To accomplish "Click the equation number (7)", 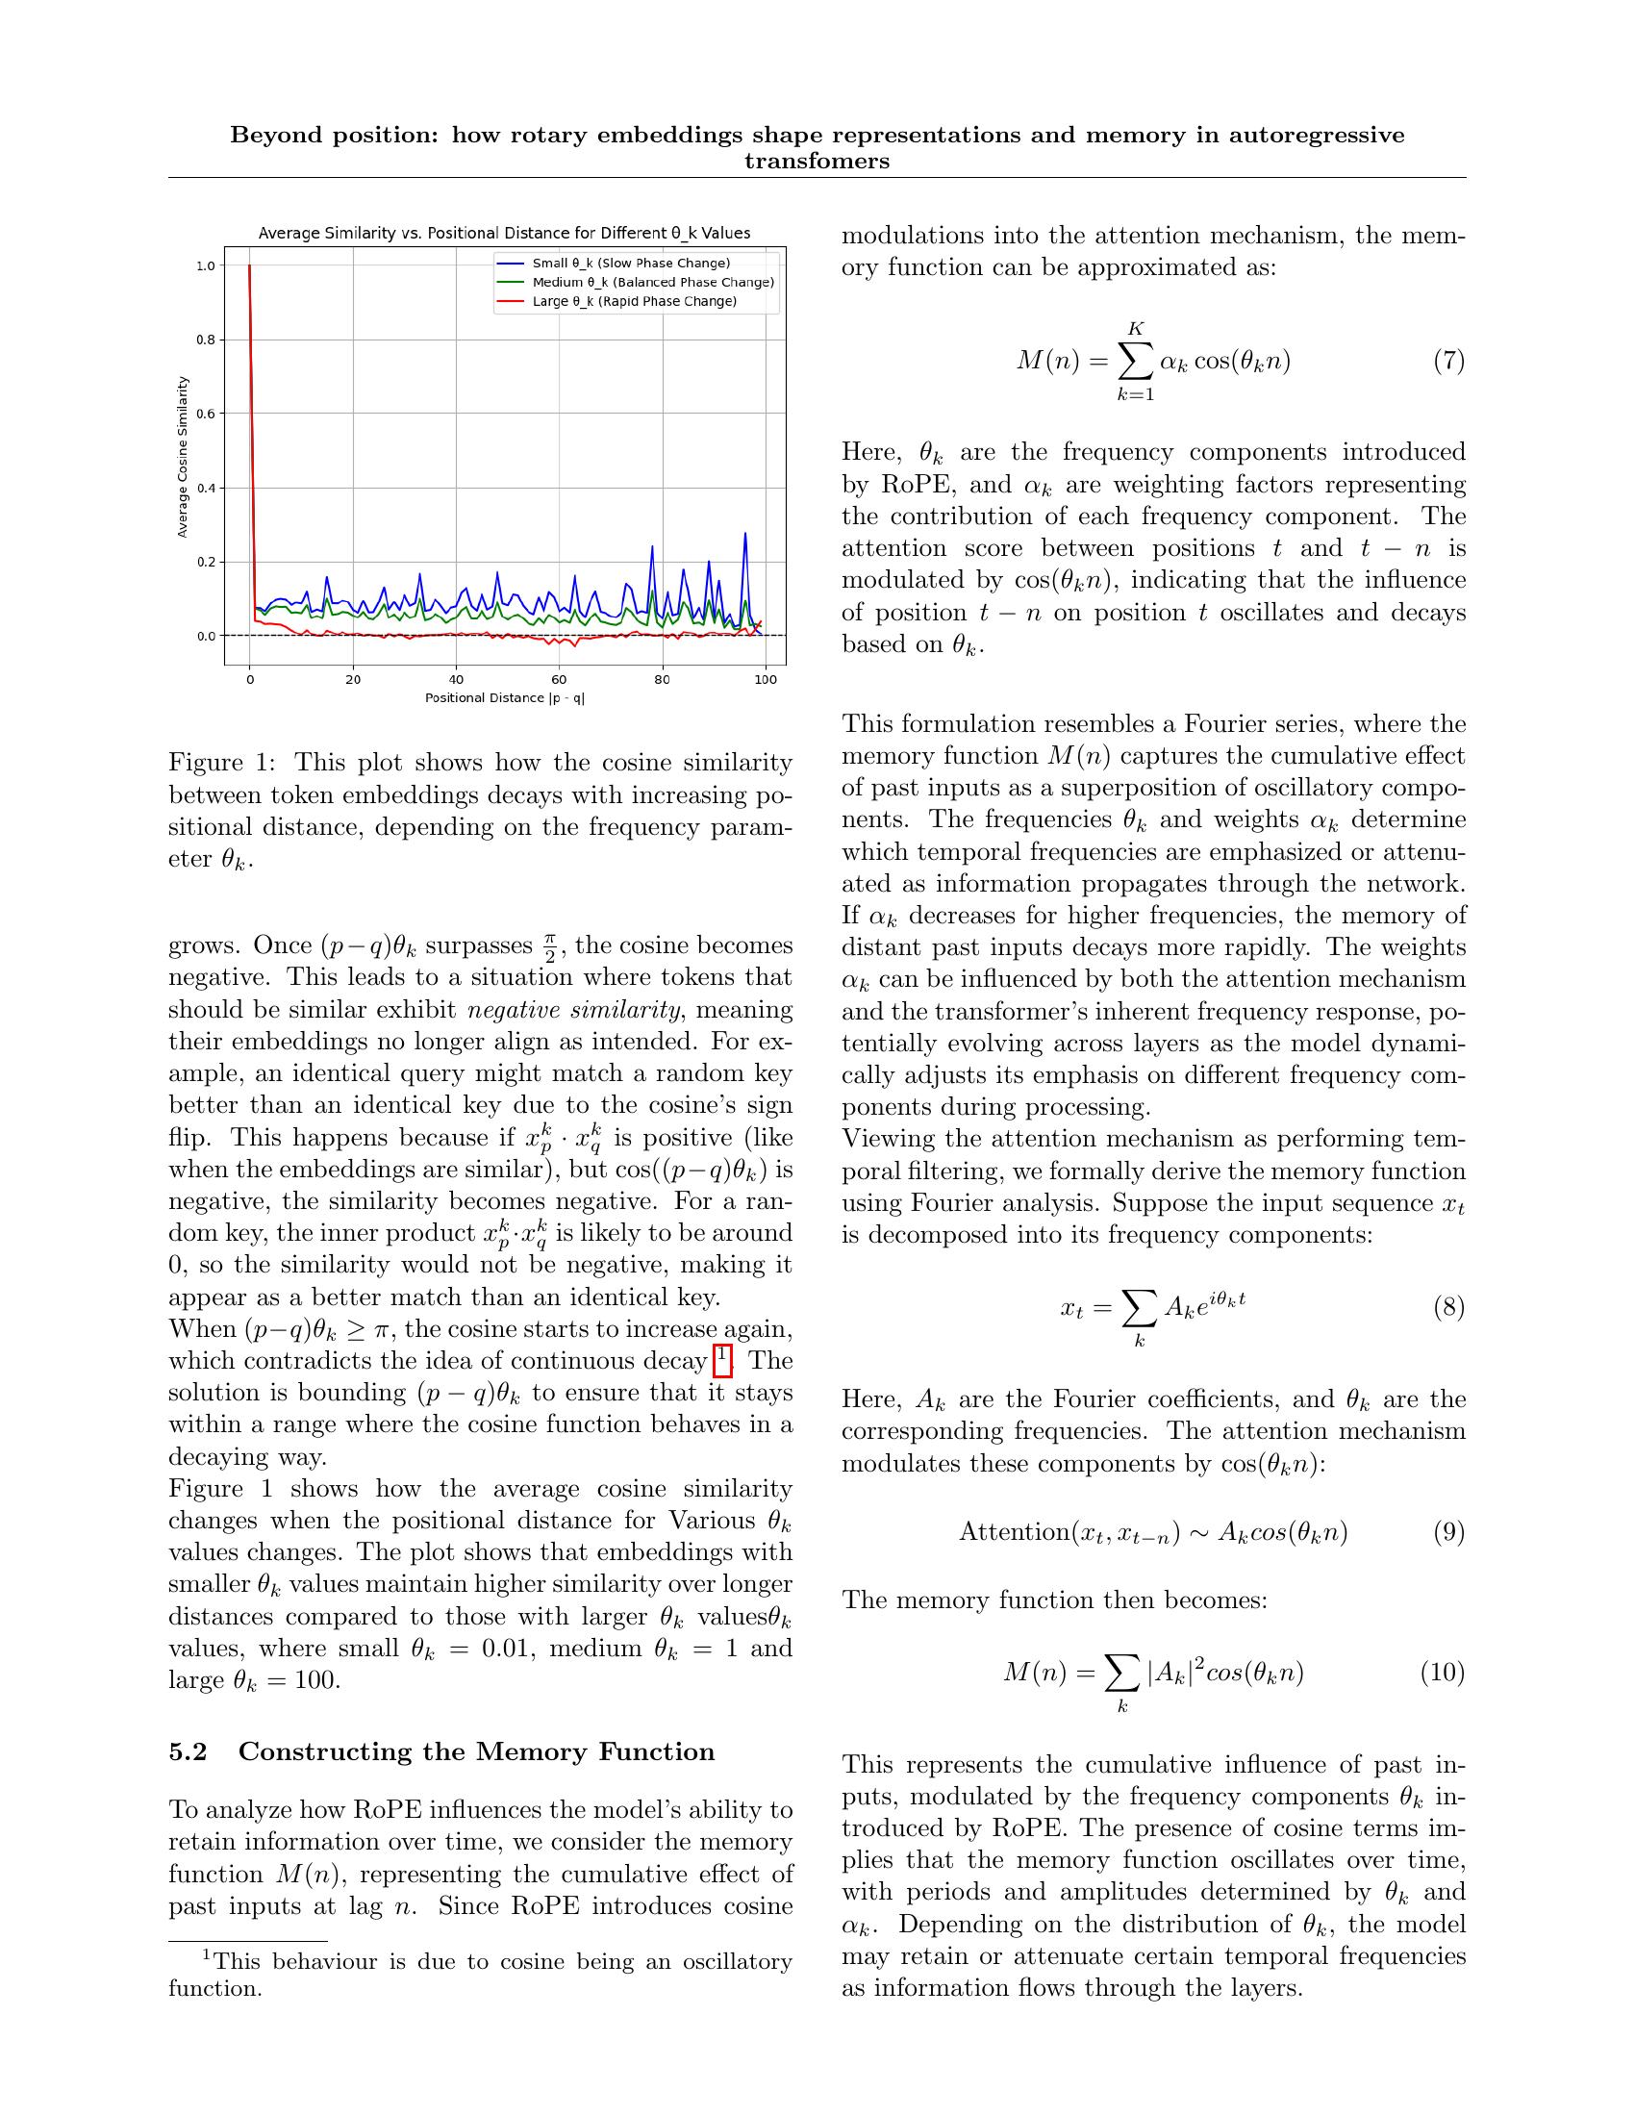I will click(1448, 362).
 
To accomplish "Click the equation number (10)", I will click(1443, 1673).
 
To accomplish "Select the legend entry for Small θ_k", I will click(631, 264).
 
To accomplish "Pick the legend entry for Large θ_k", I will click(634, 301).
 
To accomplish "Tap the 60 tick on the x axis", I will click(559, 679).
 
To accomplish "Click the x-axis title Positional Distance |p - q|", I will click(505, 697).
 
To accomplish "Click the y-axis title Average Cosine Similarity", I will click(182, 456).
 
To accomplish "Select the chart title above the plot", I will click(504, 233).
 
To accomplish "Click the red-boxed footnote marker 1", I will click(721, 1359).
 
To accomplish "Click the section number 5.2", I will click(188, 1751).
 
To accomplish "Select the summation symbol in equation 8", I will click(1139, 1311).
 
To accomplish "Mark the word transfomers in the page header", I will click(817, 162).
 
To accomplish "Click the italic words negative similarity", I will click(575, 1010).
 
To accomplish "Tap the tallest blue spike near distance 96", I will click(744, 534).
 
